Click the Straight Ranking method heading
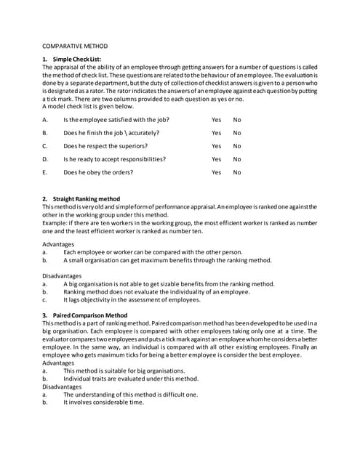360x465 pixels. tap(86, 198)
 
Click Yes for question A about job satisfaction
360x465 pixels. tap(216, 119)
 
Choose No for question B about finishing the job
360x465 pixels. tap(237, 133)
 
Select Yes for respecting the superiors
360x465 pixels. tap(216, 146)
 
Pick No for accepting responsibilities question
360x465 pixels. tap(237, 159)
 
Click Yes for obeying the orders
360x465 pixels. tap(216, 173)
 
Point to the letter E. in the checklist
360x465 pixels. tap(45, 173)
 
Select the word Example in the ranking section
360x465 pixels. tap(55, 224)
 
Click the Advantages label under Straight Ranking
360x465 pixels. tap(57, 244)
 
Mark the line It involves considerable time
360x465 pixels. tap(103, 402)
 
